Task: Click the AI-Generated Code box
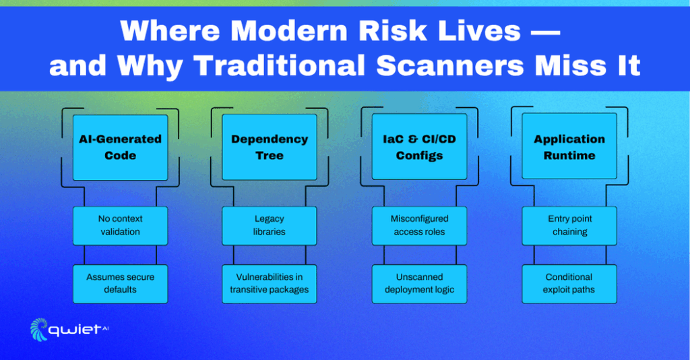[120, 148]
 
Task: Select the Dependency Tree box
[270, 148]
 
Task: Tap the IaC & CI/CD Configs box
[419, 147]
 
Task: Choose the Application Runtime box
[569, 146]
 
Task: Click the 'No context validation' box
[120, 226]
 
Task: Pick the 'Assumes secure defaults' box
[120, 284]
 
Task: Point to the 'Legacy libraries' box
[270, 226]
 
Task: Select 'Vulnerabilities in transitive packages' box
[270, 284]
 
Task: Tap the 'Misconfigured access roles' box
[419, 226]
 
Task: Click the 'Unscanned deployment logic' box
[419, 284]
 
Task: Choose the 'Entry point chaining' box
[569, 226]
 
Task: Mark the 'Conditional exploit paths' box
[569, 284]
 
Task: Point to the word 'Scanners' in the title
[449, 66]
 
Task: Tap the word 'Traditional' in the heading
[280, 66]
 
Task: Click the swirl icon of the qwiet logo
[38, 329]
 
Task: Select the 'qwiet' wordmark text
[74, 330]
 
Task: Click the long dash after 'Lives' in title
[546, 32]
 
